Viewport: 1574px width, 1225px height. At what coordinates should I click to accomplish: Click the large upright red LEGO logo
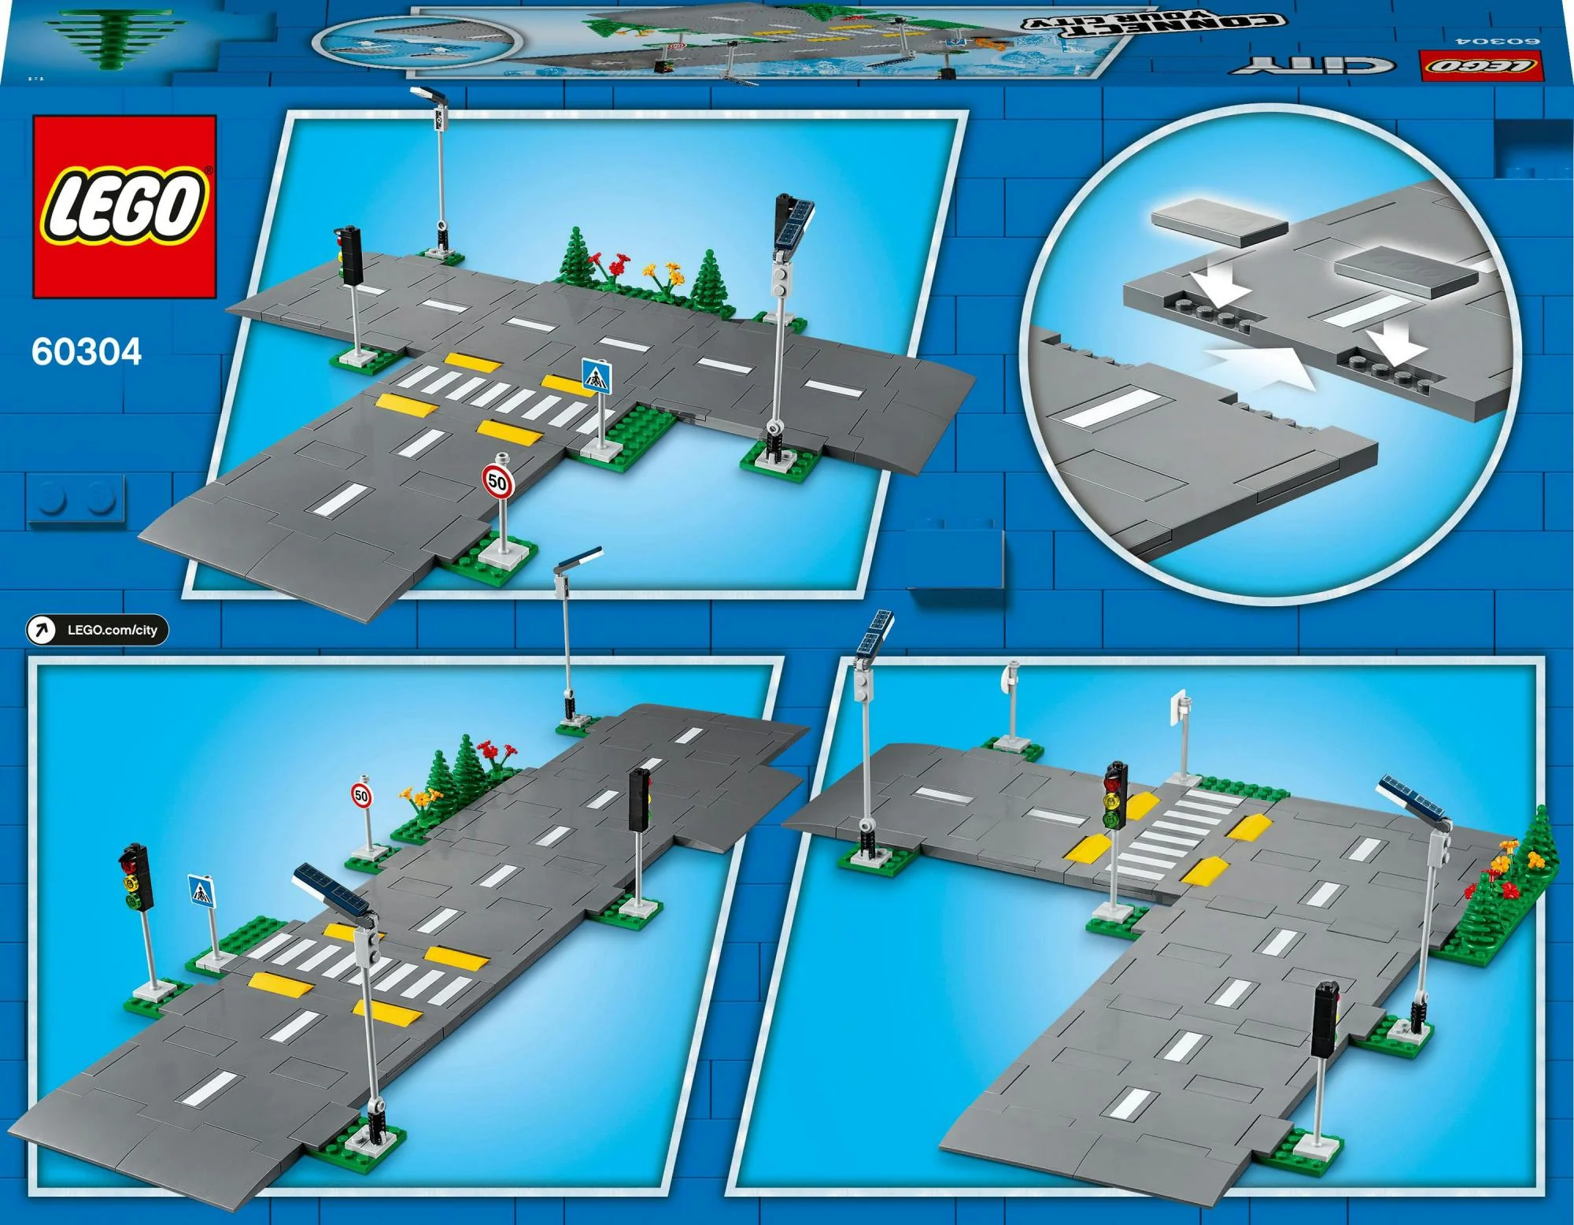(124, 206)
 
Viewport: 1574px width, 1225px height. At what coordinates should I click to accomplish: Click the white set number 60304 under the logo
(87, 352)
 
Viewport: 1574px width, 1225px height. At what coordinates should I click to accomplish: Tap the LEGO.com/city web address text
(113, 630)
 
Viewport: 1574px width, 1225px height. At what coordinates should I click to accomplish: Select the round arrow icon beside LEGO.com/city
(41, 630)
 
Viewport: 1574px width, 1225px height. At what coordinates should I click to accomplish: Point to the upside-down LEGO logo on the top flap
(1480, 66)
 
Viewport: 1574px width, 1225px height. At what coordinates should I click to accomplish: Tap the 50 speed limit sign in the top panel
(497, 480)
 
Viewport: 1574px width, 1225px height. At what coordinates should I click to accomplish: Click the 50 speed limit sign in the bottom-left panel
(360, 795)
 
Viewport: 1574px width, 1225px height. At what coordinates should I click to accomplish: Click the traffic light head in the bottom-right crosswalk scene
(1114, 795)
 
